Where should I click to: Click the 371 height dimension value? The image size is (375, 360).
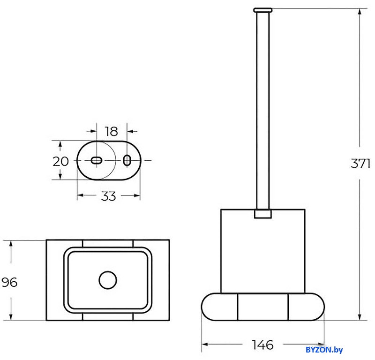360,164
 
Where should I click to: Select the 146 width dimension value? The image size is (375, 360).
262,345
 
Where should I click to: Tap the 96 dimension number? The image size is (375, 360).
9,282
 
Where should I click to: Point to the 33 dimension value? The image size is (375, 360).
108,196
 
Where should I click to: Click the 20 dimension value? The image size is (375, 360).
61,161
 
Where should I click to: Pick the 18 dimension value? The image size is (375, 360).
112,131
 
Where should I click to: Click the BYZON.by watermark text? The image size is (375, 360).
324,350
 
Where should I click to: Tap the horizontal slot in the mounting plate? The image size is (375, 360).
97,160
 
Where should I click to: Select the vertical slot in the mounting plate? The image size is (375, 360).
127,160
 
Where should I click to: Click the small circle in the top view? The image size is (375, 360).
108,280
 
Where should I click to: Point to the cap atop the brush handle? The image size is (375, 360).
262,10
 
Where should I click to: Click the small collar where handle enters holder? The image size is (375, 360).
263,214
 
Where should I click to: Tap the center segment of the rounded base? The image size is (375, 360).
263,307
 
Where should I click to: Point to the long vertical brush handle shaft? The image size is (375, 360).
262,111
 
